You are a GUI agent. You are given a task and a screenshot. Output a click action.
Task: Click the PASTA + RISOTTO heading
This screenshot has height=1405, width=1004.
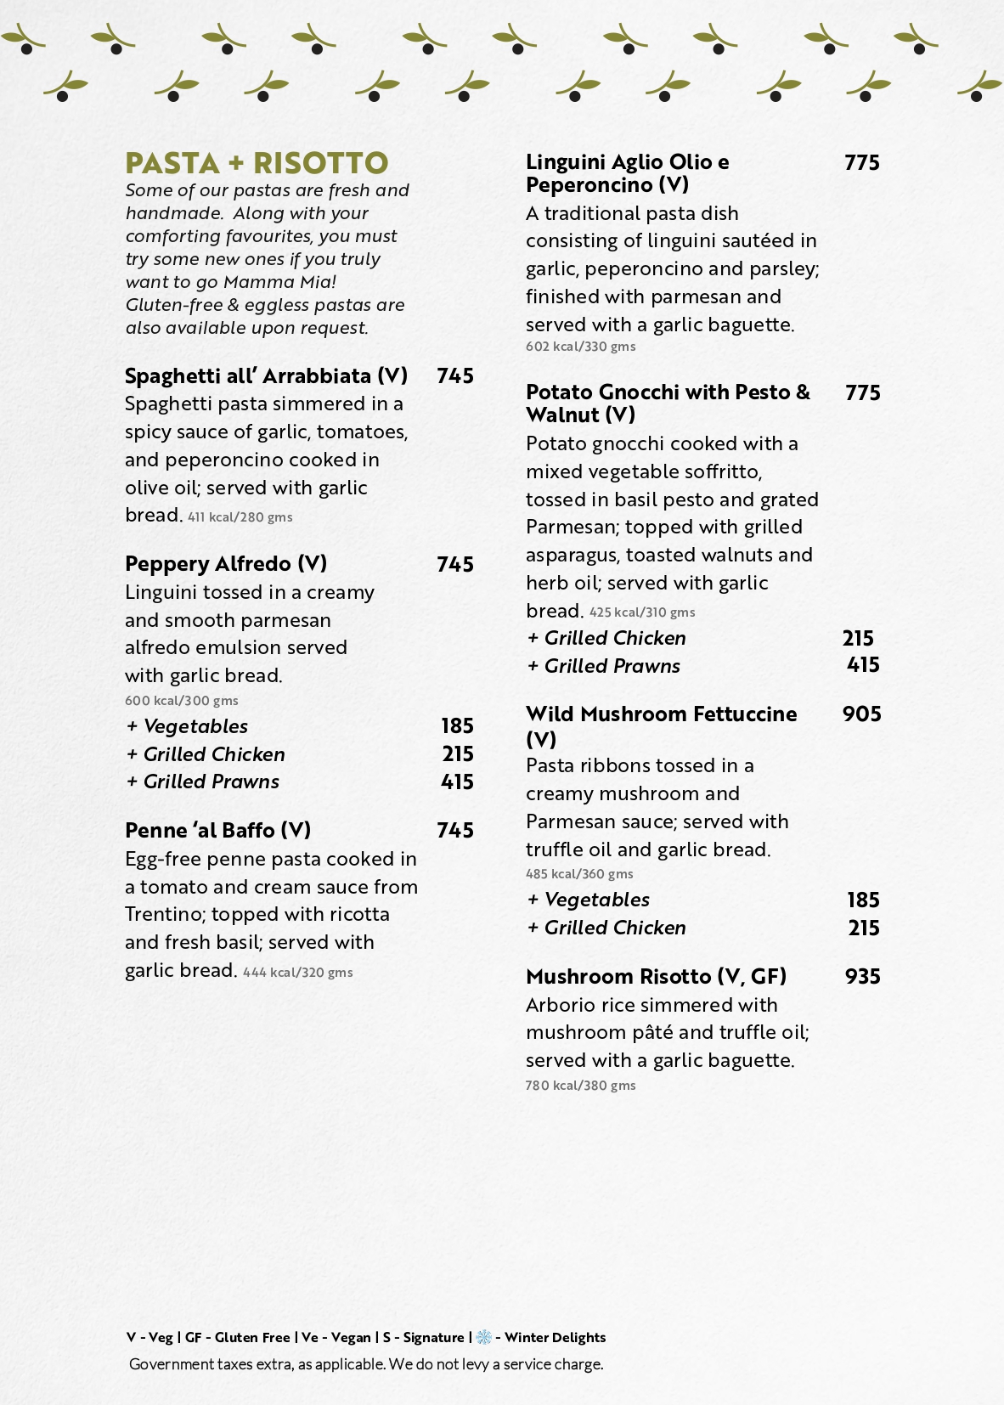pyautogui.click(x=257, y=162)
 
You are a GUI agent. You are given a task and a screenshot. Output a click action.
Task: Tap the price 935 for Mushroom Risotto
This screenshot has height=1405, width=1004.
pyautogui.click(x=862, y=977)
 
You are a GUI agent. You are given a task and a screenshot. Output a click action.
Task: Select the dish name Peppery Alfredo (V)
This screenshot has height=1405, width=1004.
pyautogui.click(x=226, y=564)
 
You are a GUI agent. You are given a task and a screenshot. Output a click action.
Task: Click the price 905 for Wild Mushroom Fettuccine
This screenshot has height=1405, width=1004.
pyautogui.click(x=861, y=714)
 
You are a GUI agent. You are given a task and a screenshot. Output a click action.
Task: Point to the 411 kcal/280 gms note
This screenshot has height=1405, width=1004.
pyautogui.click(x=240, y=517)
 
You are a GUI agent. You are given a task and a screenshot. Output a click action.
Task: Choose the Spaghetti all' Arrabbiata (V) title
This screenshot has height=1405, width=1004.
pyautogui.click(x=266, y=376)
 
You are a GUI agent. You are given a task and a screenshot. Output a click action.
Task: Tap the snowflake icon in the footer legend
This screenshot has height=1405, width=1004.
pyautogui.click(x=483, y=1337)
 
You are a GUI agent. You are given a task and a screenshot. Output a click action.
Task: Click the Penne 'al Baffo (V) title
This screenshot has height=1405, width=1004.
pyautogui.click(x=217, y=830)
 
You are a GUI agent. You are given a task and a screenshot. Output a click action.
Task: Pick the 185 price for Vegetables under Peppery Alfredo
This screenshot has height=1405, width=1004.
pyautogui.click(x=457, y=726)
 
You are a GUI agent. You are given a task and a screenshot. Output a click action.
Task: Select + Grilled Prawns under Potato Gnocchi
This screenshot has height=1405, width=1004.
pyautogui.click(x=604, y=666)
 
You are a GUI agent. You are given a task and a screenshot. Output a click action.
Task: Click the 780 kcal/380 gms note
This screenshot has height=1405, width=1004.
pyautogui.click(x=580, y=1086)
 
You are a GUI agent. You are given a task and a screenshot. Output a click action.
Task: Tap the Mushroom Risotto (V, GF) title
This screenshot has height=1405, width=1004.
pyautogui.click(x=656, y=977)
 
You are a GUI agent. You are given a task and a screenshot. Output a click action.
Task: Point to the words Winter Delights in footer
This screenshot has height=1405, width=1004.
pyautogui.click(x=555, y=1337)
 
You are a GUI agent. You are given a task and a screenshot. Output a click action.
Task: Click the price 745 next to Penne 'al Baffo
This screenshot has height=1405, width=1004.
pyautogui.click(x=455, y=830)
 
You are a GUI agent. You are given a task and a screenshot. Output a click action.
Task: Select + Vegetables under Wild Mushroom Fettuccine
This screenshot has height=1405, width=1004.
pyautogui.click(x=589, y=900)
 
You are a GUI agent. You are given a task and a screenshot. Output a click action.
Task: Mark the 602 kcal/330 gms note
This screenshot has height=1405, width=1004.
pyautogui.click(x=580, y=347)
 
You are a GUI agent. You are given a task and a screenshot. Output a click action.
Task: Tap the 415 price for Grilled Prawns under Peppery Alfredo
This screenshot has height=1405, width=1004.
pyautogui.click(x=457, y=781)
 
